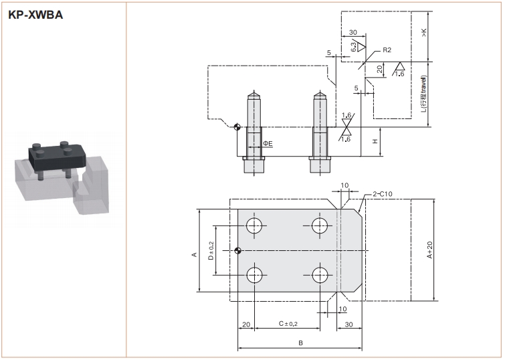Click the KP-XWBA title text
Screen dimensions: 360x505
coord(35,14)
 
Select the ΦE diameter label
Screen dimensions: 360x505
coord(267,143)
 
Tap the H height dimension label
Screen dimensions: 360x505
coord(375,141)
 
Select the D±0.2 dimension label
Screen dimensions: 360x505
coord(211,250)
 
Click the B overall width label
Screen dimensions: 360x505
coord(301,343)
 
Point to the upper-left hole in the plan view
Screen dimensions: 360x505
coord(255,226)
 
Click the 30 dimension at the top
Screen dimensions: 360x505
coord(352,31)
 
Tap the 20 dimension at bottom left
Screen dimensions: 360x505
coord(246,324)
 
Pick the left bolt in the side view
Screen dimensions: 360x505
coord(255,131)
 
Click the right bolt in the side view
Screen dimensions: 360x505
coord(319,131)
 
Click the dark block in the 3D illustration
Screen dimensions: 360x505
coord(56,157)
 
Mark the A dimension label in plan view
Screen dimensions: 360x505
coord(193,255)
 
